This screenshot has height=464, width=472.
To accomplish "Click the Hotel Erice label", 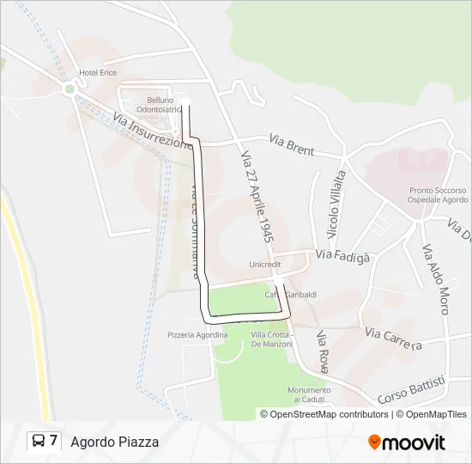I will pyautogui.click(x=97, y=73).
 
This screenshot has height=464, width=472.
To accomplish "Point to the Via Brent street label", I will pyautogui.click(x=292, y=143).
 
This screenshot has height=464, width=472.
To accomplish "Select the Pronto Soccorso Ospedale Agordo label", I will pyautogui.click(x=438, y=195).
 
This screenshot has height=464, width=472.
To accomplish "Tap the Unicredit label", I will pyautogui.click(x=265, y=265).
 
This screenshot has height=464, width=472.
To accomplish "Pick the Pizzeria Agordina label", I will pyautogui.click(x=197, y=335).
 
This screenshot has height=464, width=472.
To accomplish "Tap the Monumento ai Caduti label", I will pyautogui.click(x=309, y=394).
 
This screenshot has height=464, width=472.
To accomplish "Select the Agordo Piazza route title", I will pyautogui.click(x=114, y=442).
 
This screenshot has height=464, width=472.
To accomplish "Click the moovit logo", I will pyautogui.click(x=407, y=442).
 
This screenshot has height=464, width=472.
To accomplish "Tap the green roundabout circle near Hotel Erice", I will pyautogui.click(x=70, y=89).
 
